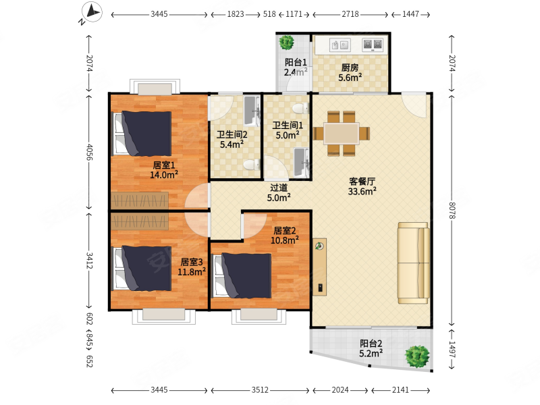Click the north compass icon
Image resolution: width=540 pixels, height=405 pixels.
(x=92, y=12)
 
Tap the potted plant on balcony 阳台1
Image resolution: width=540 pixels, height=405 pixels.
(x=286, y=43)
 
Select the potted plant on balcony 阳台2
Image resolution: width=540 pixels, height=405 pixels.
(x=417, y=356)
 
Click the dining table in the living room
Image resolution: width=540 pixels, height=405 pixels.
(x=342, y=134)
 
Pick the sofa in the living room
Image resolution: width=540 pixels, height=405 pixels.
(x=414, y=263)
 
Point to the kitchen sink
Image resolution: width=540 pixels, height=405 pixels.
(x=340, y=45)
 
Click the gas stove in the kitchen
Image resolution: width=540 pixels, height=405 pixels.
(x=373, y=45)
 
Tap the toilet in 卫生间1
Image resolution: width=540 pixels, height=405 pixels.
(x=300, y=109)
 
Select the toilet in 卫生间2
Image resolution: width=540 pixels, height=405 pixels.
(x=252, y=165)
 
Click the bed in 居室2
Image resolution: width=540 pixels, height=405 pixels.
(x=242, y=276)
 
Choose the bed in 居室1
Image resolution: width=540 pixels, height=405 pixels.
(x=142, y=133)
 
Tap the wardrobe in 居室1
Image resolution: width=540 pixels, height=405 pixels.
(x=140, y=200)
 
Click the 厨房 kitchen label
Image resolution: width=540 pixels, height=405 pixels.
(x=350, y=67)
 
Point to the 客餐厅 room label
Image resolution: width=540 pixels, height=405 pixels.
(x=362, y=181)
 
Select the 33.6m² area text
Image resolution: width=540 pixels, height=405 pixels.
(x=362, y=191)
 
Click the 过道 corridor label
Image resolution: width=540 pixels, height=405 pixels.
(x=279, y=188)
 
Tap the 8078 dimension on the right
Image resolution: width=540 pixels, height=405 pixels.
(x=452, y=211)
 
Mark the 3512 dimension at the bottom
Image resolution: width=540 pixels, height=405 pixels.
(x=260, y=390)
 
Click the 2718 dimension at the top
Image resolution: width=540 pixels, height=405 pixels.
(x=350, y=14)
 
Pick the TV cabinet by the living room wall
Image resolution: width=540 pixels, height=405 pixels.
(x=320, y=267)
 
